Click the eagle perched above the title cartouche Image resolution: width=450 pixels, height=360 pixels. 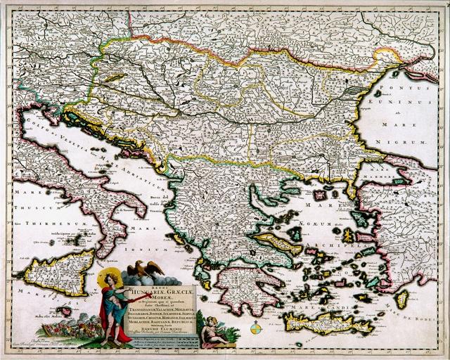[149, 267]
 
